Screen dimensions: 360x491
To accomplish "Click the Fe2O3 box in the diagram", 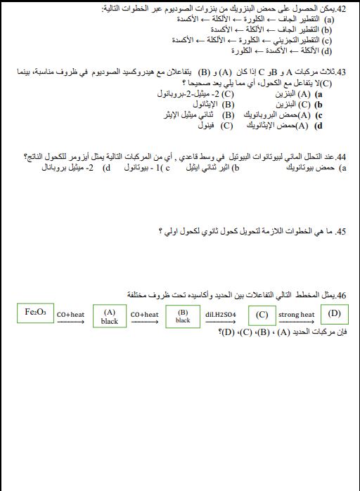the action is click(34, 312).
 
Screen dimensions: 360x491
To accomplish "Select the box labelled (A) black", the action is click(109, 316).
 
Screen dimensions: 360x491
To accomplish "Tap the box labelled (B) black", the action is click(183, 316).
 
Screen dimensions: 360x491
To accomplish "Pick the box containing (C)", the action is click(262, 315).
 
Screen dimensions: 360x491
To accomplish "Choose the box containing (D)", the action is click(334, 313).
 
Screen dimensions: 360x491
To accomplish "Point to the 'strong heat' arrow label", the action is click(297, 314).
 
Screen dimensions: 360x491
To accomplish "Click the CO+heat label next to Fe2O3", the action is click(70, 315).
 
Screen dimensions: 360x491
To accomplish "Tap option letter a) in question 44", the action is click(342, 169).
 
